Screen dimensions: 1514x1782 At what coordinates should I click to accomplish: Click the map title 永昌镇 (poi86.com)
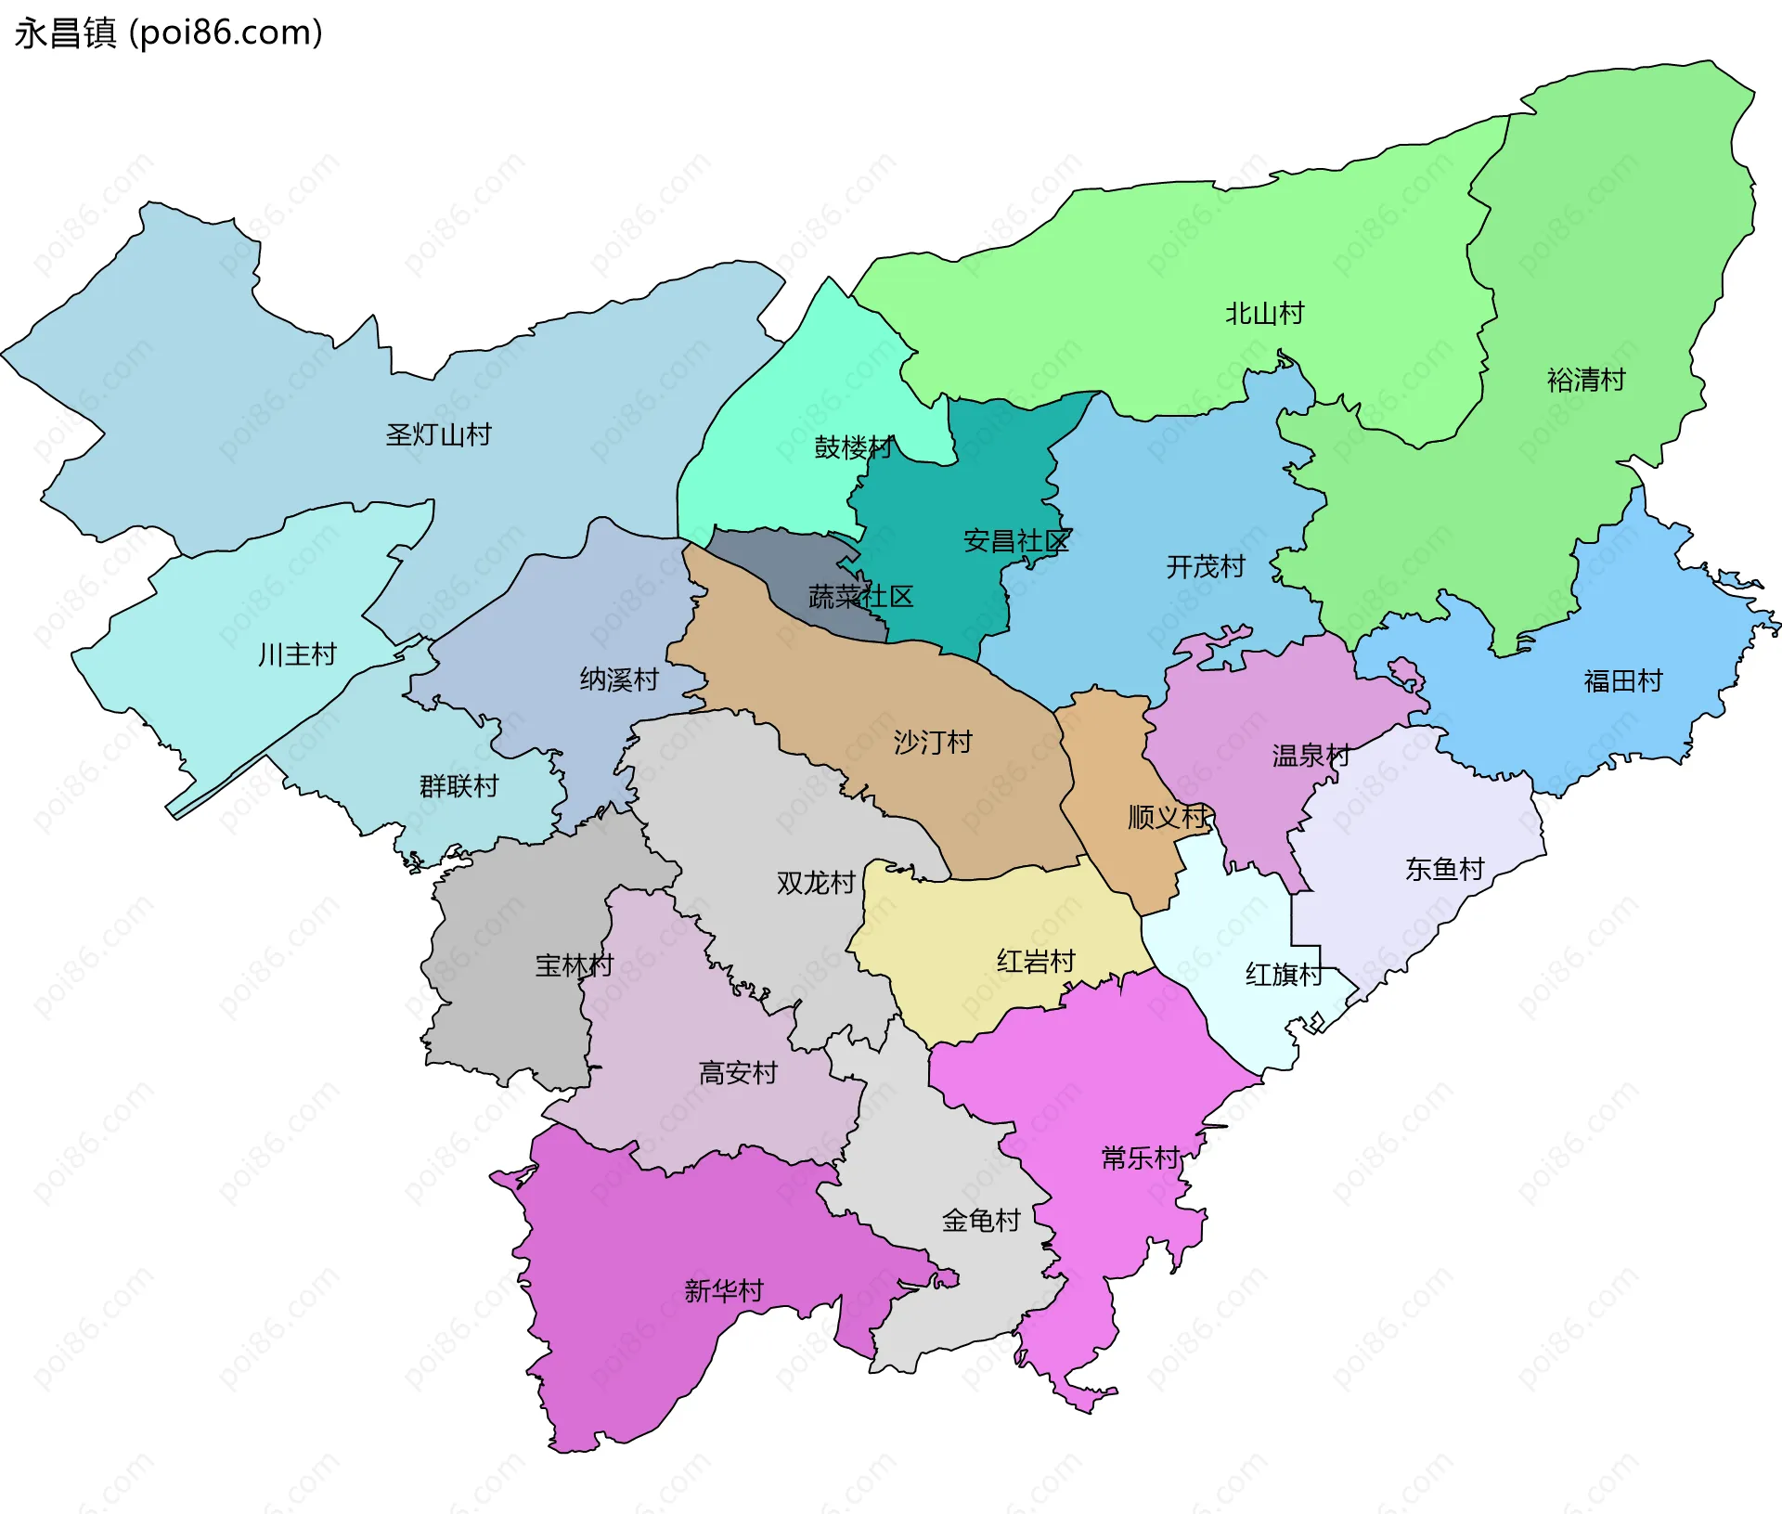coord(169,32)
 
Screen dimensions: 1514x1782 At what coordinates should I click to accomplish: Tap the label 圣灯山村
coord(438,434)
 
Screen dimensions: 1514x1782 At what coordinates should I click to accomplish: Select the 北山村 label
coord(1264,314)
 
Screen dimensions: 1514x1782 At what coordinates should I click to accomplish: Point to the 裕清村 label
coord(1586,380)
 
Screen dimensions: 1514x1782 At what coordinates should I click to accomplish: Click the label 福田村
coord(1623,681)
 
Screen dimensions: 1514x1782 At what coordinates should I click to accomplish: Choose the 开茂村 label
coord(1206,566)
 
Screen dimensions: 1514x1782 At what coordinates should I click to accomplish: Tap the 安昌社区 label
coord(1016,540)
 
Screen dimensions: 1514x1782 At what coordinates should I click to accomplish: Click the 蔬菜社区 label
coord(860,597)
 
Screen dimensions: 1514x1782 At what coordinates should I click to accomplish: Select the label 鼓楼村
coord(853,447)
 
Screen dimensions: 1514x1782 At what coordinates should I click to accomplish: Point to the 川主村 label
coord(297,654)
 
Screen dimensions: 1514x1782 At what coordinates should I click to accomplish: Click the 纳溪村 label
coord(619,679)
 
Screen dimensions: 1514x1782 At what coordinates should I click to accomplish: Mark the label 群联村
coord(458,786)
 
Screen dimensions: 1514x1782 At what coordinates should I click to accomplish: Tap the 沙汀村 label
coord(933,742)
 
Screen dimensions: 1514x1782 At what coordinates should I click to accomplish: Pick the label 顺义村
coord(1167,817)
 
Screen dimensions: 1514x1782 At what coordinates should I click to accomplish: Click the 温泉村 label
coord(1311,756)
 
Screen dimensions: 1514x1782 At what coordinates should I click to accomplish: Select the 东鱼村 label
coord(1444,869)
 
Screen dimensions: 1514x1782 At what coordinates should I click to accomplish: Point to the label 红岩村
coord(1036,961)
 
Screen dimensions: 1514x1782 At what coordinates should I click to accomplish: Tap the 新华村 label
coord(724,1290)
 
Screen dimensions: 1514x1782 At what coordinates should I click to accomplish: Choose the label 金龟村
coord(981,1220)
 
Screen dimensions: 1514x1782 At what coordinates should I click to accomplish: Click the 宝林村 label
coord(575,965)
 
